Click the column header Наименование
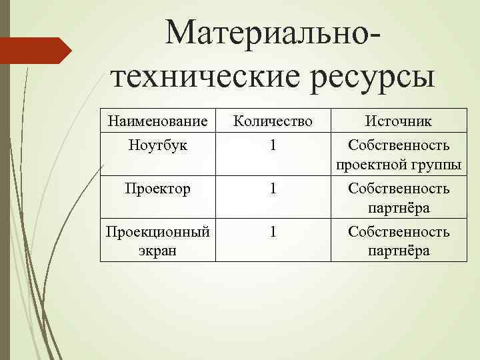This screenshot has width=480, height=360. click(158, 121)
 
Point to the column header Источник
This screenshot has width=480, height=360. click(398, 121)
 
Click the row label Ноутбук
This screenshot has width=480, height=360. click(159, 145)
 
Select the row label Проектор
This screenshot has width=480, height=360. click(159, 188)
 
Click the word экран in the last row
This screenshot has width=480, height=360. click(159, 251)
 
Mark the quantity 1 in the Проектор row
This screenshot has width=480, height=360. click(273, 189)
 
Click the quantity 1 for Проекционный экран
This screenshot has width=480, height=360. click(273, 232)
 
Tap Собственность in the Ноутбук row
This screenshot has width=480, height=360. click(399, 145)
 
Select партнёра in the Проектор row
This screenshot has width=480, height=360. click(399, 209)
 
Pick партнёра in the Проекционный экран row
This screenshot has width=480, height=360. click(399, 251)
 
